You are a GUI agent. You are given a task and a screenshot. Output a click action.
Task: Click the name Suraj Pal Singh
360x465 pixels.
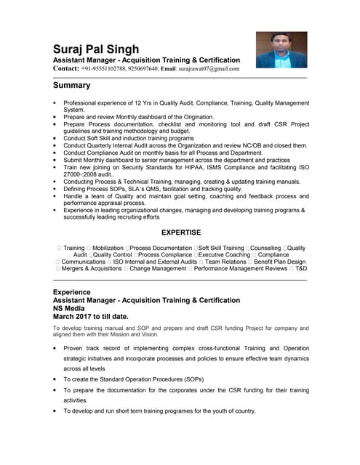pyautogui.click(x=105, y=48)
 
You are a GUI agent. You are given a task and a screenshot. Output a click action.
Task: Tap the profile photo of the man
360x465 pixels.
pyautogui.click(x=281, y=49)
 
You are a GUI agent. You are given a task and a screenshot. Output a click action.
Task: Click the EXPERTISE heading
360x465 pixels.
pyautogui.click(x=180, y=232)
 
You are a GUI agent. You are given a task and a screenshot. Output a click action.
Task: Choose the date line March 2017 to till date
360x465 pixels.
pyautogui.click(x=91, y=317)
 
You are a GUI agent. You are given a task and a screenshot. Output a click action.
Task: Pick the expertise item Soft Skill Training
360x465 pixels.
pyautogui.click(x=221, y=248)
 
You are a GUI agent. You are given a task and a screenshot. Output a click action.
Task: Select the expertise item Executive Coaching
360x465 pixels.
pyautogui.click(x=224, y=255)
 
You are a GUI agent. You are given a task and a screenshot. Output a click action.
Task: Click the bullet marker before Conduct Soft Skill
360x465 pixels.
pyautogui.click(x=55, y=138)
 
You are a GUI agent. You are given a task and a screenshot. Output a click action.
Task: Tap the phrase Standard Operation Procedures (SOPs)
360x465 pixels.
pyautogui.click(x=145, y=379)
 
